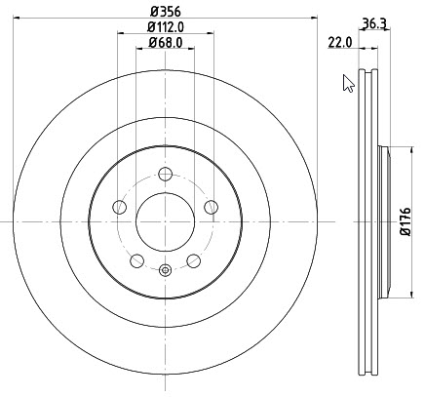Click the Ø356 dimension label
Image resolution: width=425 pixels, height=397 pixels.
pyautogui.click(x=165, y=12)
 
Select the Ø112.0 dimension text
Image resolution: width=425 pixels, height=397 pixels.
pyautogui.click(x=166, y=27)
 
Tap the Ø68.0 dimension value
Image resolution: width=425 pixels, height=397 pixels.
pyautogui.click(x=166, y=43)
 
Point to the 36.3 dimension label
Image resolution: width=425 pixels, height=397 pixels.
pyautogui.click(x=374, y=23)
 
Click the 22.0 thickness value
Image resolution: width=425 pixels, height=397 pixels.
pyautogui.click(x=340, y=42)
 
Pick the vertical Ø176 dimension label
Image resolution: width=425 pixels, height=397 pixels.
pyautogui.click(x=406, y=221)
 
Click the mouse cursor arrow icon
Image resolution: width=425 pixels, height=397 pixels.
pyautogui.click(x=348, y=84)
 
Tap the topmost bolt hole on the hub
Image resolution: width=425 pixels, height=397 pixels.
pyautogui.click(x=166, y=174)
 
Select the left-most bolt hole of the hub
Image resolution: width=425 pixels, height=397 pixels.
pyautogui.click(x=119, y=207)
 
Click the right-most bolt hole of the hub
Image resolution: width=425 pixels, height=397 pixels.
pyautogui.click(x=212, y=207)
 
